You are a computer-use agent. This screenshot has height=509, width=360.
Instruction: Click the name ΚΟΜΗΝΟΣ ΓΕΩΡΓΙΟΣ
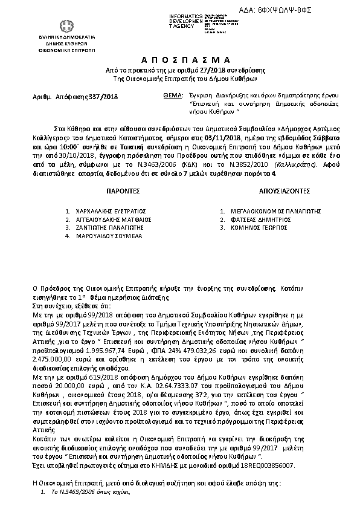tap(256, 228)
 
